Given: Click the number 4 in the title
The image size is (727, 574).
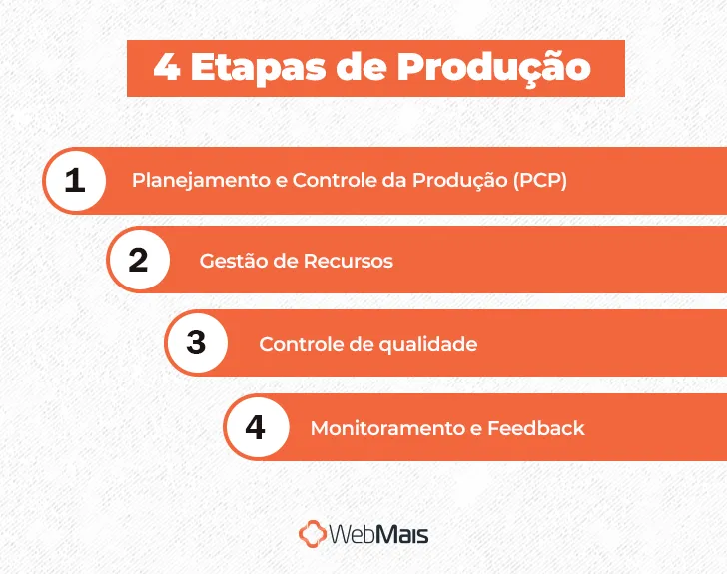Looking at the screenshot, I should point(166,68).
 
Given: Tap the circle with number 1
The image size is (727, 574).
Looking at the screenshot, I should point(75,181).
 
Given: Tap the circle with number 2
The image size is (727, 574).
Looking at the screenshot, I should point(138,260).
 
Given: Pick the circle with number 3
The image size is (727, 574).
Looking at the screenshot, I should point(196,343).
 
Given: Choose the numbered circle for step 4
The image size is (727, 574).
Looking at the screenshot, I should point(255,427).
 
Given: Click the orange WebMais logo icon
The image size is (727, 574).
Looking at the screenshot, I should point(313,533).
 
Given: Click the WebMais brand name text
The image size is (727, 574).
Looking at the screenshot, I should point(380,534).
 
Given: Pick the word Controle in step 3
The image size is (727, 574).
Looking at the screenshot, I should point(297,344).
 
